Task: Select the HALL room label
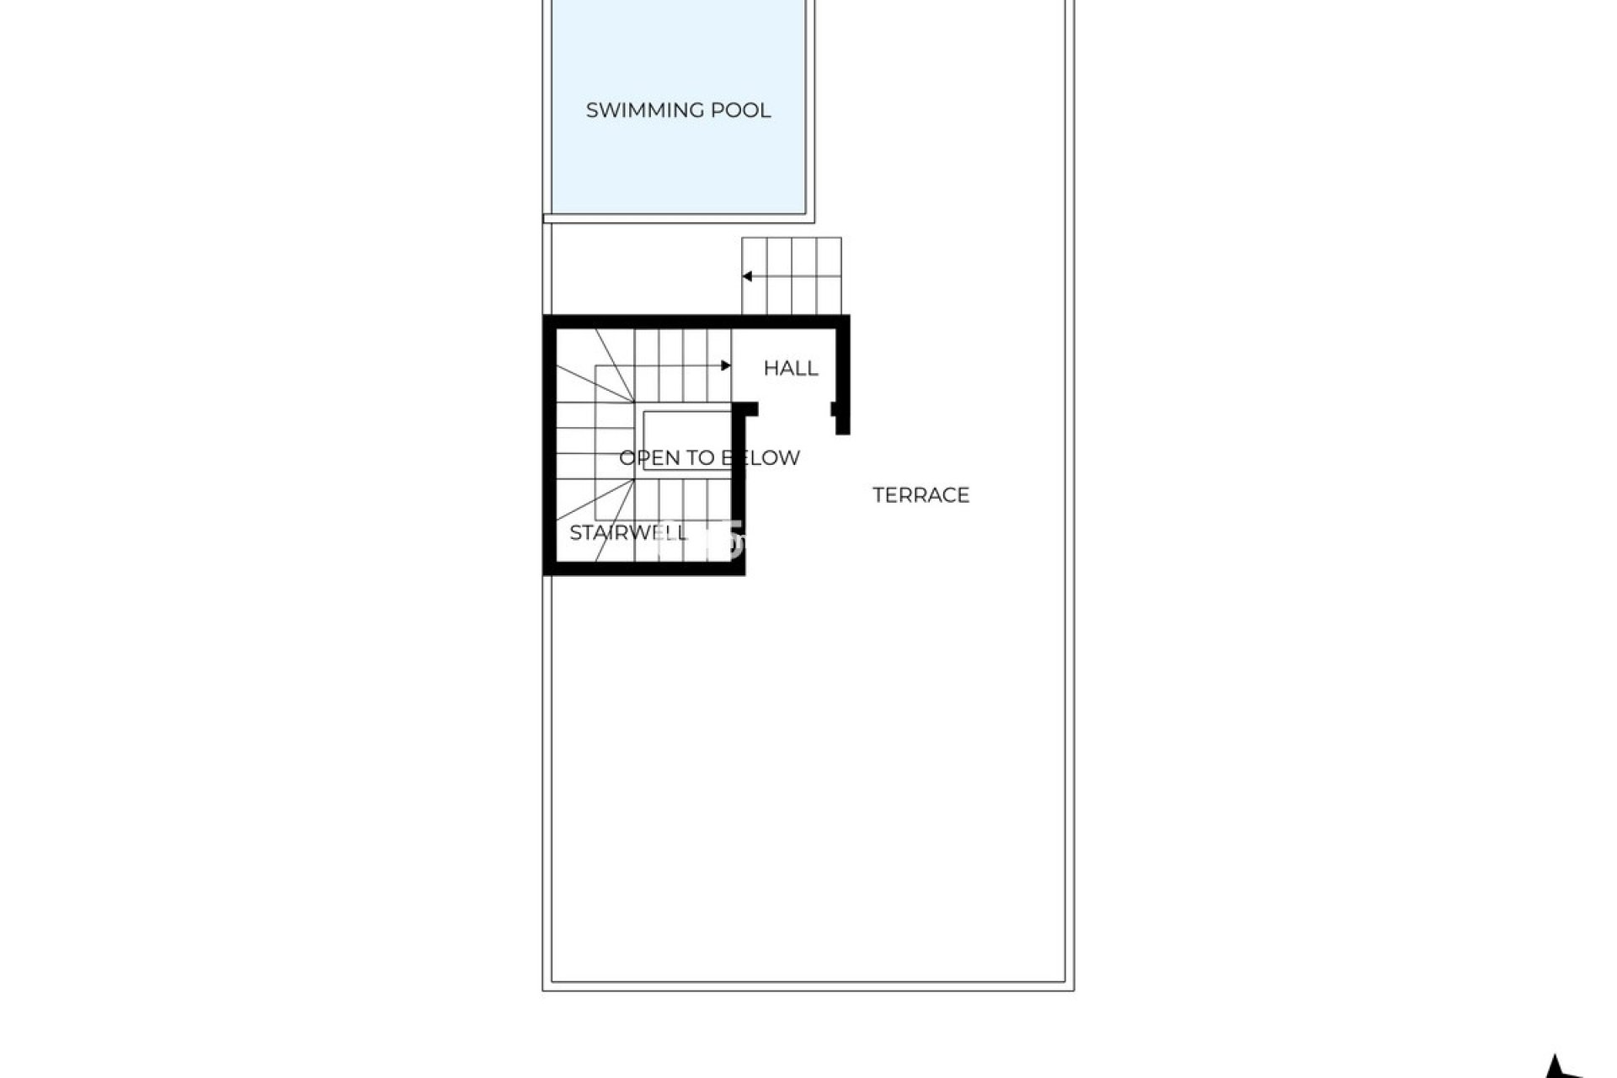click(x=790, y=368)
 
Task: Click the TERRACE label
click(x=921, y=495)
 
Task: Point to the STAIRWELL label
click(x=628, y=532)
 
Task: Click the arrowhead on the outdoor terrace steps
click(x=746, y=276)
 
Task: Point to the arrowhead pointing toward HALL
click(x=726, y=366)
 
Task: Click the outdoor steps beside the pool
click(x=792, y=276)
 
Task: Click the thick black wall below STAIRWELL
click(x=644, y=568)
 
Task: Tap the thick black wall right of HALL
click(x=842, y=371)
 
